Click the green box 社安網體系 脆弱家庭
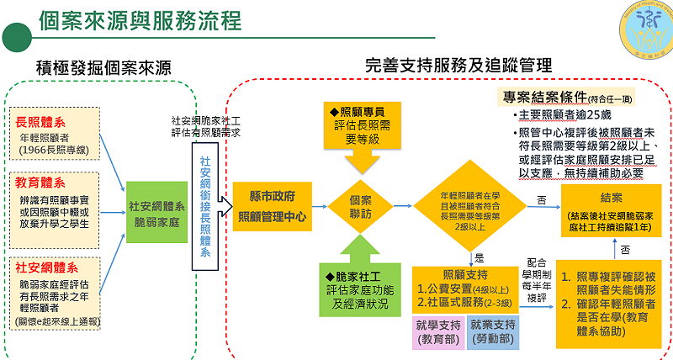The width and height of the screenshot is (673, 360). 157,212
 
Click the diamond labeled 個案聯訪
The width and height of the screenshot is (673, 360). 361,206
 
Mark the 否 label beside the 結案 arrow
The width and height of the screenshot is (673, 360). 541,199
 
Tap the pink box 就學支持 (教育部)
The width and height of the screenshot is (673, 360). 437,331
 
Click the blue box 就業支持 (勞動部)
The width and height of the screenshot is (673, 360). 493,331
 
